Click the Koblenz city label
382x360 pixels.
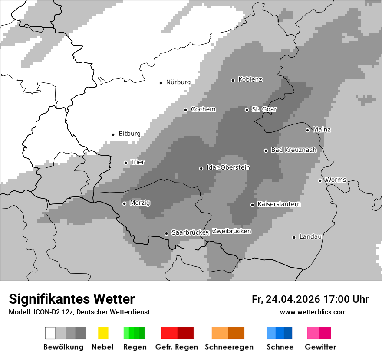(x=250, y=80)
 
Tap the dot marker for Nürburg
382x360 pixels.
(x=161, y=82)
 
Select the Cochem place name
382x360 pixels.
(x=203, y=109)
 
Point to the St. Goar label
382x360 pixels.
(x=264, y=109)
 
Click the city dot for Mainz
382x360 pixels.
(x=307, y=130)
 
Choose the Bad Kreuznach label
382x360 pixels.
(x=293, y=150)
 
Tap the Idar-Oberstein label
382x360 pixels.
(x=228, y=168)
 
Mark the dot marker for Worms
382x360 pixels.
(x=320, y=180)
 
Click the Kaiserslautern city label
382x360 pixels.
(x=279, y=204)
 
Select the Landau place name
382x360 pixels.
(x=310, y=237)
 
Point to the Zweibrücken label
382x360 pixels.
(x=231, y=232)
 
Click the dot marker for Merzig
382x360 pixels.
(x=124, y=203)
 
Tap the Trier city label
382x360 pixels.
(x=138, y=162)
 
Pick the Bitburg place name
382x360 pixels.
(x=129, y=134)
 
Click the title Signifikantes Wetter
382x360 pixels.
(x=72, y=299)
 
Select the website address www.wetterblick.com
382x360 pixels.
(x=313, y=312)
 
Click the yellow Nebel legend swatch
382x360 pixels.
(x=103, y=333)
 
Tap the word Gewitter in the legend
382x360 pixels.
(x=320, y=347)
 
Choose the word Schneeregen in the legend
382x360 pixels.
(x=229, y=347)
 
